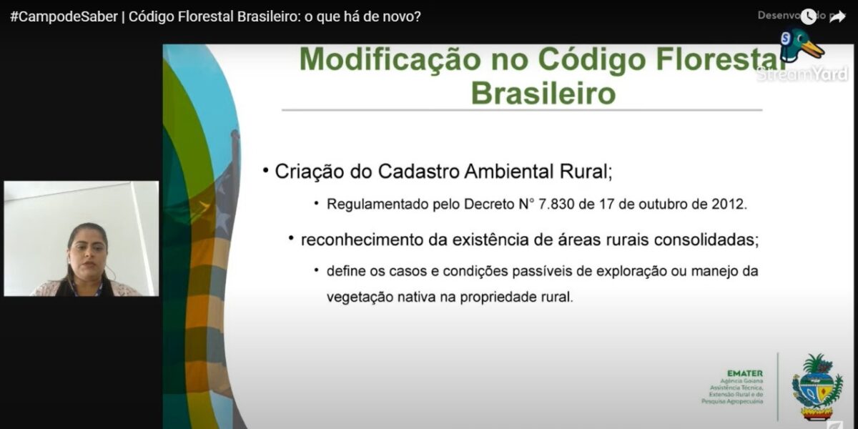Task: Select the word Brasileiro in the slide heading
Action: [543, 93]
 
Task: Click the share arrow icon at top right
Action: [837, 17]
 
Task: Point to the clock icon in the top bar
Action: [809, 16]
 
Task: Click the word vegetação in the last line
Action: [359, 297]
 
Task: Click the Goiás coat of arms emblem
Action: [817, 387]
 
